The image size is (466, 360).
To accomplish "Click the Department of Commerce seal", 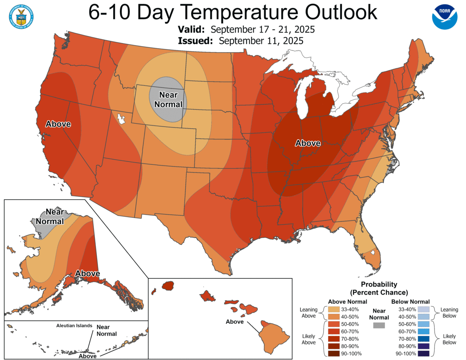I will tap(21, 16).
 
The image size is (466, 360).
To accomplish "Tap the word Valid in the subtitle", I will tap(191, 30).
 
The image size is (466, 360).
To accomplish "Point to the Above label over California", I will tap(58, 124).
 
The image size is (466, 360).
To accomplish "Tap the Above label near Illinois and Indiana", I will tap(307, 143).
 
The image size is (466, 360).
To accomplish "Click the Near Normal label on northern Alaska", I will tap(50, 216).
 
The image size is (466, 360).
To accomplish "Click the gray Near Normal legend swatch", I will tap(379, 326).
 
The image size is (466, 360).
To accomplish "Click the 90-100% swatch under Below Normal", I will tap(423, 354).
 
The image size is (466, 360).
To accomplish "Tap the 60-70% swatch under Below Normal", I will tap(423, 331).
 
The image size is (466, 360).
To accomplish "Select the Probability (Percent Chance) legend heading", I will tap(379, 288).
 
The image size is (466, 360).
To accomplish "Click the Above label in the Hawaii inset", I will tap(235, 322).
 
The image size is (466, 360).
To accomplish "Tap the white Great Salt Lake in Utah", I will tap(121, 118).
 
